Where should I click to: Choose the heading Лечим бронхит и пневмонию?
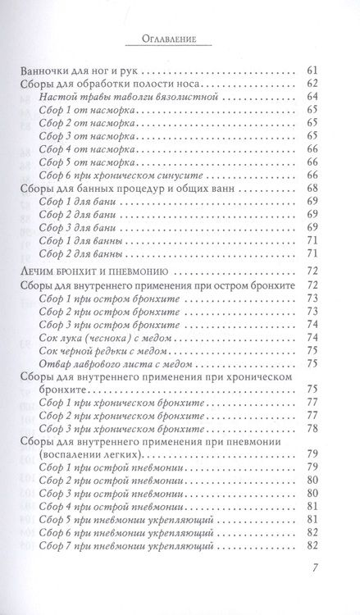tap(98, 292)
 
